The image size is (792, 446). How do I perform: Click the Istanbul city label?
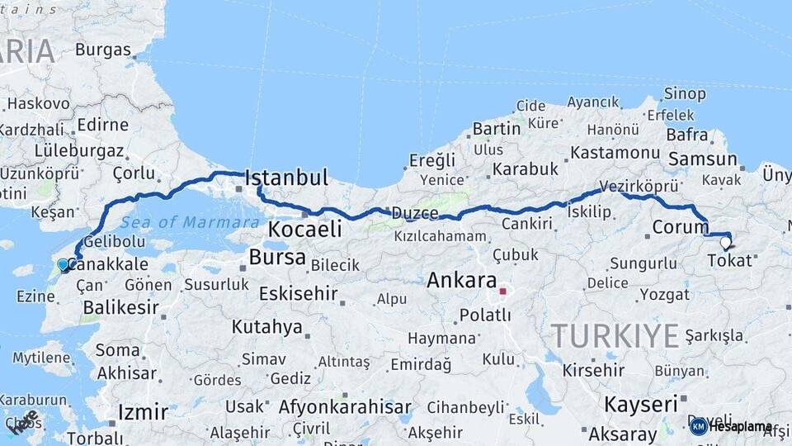click(x=286, y=178)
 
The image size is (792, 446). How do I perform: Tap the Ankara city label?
click(x=461, y=280)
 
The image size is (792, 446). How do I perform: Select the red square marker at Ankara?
click(x=502, y=291)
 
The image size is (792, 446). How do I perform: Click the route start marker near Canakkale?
click(x=63, y=265)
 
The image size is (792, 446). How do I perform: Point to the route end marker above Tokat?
click(x=725, y=242)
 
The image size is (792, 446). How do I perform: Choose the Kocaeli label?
click(x=305, y=229)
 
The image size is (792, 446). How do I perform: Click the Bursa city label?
click(x=277, y=257)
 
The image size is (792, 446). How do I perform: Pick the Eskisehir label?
click(x=298, y=293)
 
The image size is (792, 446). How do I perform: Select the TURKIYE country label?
click(x=615, y=335)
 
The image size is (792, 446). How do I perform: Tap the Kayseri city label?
click(x=640, y=405)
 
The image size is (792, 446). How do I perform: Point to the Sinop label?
click(x=685, y=93)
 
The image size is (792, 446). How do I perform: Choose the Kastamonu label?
click(x=615, y=154)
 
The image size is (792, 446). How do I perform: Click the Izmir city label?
click(x=143, y=411)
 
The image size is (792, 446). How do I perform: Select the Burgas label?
click(x=102, y=50)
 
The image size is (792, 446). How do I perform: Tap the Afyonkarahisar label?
click(x=345, y=407)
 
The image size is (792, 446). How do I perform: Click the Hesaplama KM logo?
click(x=730, y=426)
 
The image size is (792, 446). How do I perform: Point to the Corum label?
click(x=680, y=226)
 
